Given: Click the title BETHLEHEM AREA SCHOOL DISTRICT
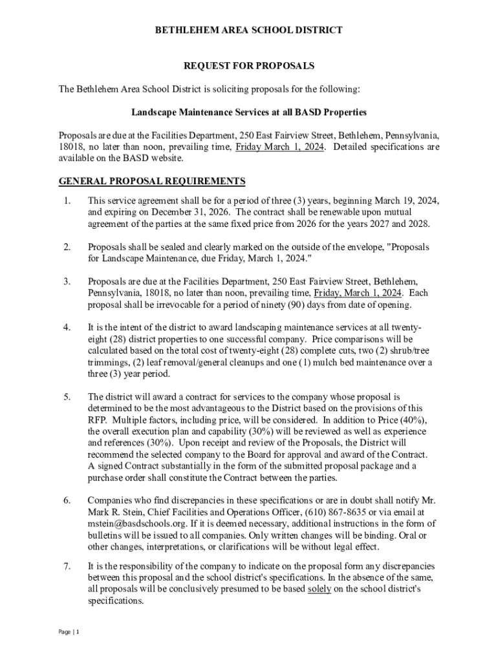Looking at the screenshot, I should (249, 30).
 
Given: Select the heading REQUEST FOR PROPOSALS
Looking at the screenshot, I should (249, 66).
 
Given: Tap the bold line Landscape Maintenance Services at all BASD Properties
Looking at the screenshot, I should (249, 112).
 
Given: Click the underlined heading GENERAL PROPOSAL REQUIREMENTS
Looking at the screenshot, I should (152, 181).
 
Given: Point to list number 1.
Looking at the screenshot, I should (67, 201).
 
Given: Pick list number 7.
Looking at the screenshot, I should (67, 566).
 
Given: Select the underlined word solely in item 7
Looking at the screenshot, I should (319, 590).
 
